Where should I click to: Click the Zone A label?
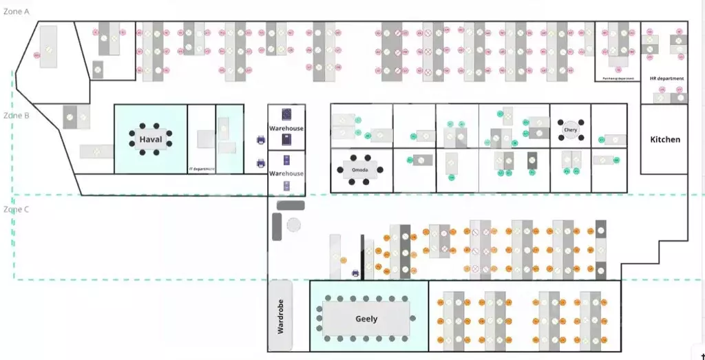pos(17,12)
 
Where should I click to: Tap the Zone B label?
pos(17,116)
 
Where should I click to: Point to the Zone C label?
pos(17,209)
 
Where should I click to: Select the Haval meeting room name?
pos(151,140)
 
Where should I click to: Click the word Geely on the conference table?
pos(366,319)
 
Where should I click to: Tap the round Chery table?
pos(570,129)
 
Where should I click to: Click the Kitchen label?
pos(665,140)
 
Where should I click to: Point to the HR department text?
pos(666,78)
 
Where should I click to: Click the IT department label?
pos(202,169)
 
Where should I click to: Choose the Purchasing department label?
pos(618,78)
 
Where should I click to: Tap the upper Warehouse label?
pos(286,129)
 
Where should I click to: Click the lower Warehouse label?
pos(286,173)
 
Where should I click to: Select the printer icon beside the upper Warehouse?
pos(261,140)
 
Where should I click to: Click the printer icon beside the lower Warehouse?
pos(261,164)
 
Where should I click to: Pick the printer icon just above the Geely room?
pos(355,273)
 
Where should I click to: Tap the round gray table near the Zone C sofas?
pos(294,224)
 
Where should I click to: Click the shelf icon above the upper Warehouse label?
pos(286,115)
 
